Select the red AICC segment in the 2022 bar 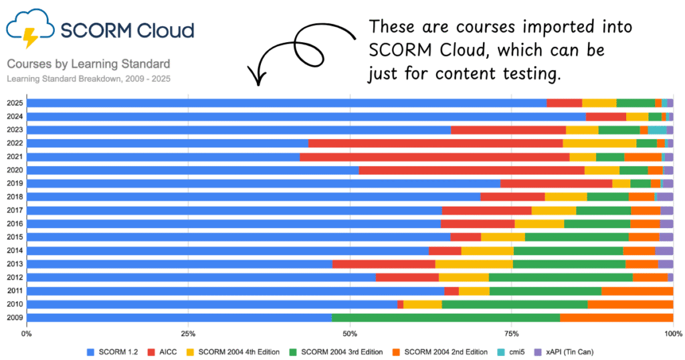(x=435, y=143)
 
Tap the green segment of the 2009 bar (x=446, y=317)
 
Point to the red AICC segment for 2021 (x=434, y=157)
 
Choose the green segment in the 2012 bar (x=561, y=277)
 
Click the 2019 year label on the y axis (x=15, y=183)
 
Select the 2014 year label (x=15, y=250)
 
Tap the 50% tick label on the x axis (x=350, y=333)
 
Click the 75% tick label (x=512, y=333)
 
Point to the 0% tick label (x=27, y=333)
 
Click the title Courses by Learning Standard (x=88, y=64)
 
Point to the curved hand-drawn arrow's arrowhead (x=258, y=80)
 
